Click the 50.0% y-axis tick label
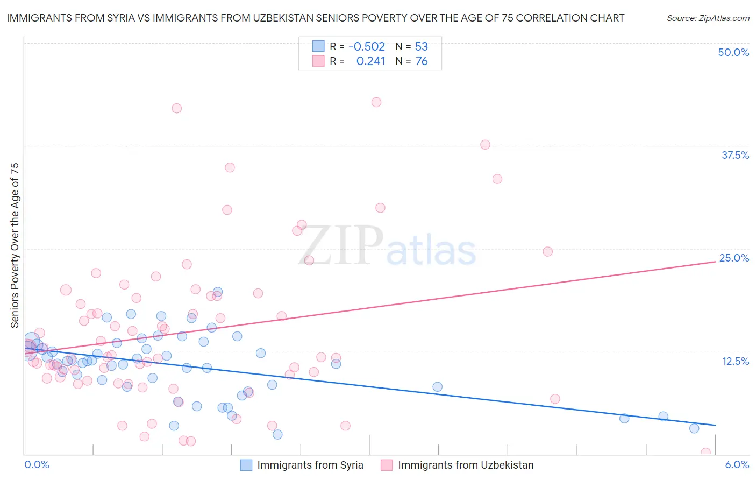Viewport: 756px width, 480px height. coord(733,52)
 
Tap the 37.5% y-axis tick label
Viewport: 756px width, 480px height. coord(735,155)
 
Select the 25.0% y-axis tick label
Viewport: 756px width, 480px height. coord(734,258)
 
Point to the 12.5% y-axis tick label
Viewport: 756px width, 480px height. coord(735,361)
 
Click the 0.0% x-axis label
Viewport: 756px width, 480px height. coord(37,464)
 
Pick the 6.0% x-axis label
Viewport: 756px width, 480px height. coord(737,464)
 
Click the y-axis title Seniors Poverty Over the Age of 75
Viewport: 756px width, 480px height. coord(15,245)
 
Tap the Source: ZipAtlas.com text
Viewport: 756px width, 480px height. coord(708,18)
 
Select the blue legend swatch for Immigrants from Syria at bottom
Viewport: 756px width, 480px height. coord(246,465)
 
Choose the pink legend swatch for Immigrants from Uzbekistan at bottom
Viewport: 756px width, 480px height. coord(387,465)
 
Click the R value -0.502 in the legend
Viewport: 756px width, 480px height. coord(367,46)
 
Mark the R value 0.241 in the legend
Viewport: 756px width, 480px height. coord(370,61)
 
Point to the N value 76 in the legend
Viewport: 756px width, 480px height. coord(422,61)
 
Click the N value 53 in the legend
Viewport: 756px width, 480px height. coord(422,46)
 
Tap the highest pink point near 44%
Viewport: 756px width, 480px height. coord(376,102)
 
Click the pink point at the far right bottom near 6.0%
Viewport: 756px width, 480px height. coord(705,453)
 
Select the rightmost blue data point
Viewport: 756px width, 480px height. coord(694,428)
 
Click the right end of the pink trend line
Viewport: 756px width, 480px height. coord(715,262)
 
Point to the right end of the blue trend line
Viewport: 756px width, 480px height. coord(715,425)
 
